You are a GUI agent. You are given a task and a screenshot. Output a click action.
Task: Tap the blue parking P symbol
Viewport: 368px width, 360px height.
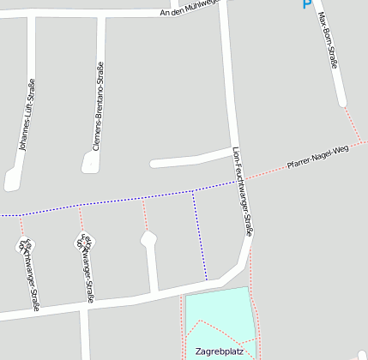click(307, 4)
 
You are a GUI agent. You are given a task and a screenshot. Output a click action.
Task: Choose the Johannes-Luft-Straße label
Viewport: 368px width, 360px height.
click(27, 115)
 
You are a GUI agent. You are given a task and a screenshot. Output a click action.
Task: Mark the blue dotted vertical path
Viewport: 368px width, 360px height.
click(199, 236)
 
